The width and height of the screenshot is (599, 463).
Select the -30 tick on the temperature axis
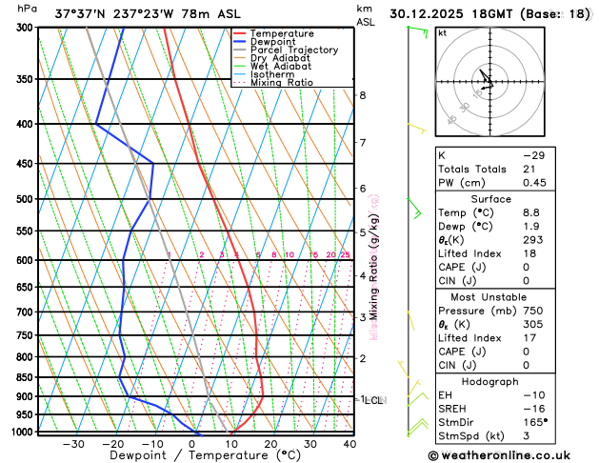[x=73, y=444]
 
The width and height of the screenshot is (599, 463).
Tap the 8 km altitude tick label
[x=363, y=95]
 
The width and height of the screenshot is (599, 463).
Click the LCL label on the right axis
[x=372, y=400]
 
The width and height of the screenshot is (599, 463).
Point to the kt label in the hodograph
[x=442, y=32]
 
